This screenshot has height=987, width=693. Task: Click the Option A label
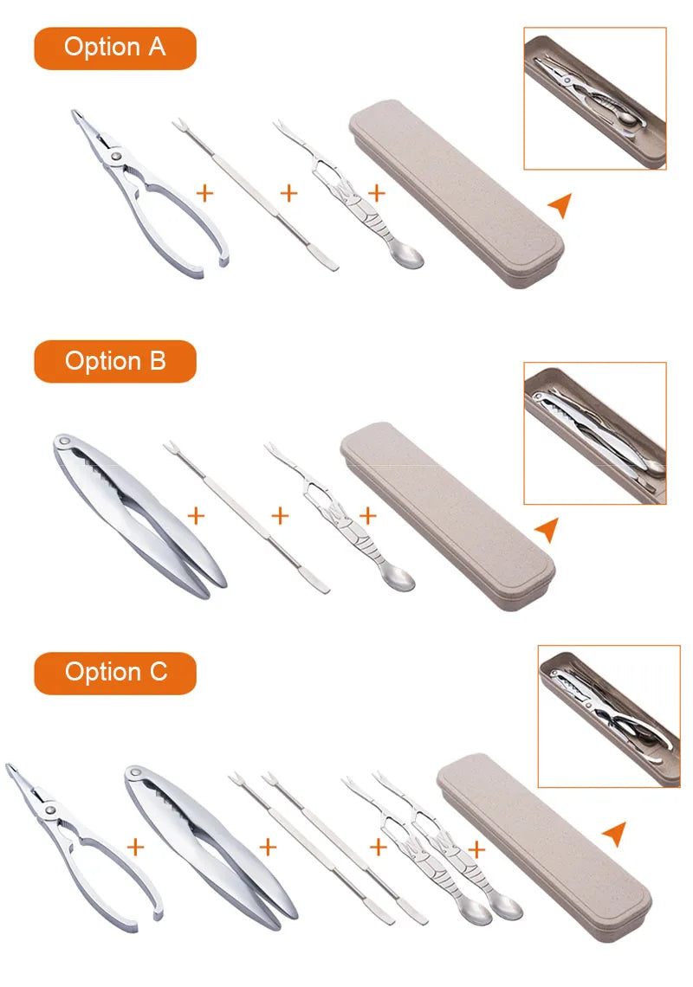coord(114,48)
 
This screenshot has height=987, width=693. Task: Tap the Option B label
coord(114,361)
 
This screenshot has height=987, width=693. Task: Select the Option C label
coord(114,673)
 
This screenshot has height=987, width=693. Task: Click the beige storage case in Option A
coord(457,193)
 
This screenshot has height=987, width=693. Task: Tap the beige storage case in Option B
coord(447,515)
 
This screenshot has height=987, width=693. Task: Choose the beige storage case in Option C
coord(544,848)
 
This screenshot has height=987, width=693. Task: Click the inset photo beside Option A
coord(595,98)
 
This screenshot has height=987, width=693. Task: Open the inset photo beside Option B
coord(595,433)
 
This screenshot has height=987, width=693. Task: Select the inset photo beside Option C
coord(609,716)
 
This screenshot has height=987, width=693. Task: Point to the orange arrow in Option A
coord(560,204)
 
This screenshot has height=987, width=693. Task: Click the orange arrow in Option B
coord(547,529)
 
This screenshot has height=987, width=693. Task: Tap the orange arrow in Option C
coord(615,834)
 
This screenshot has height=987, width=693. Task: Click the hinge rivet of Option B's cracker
coord(64,442)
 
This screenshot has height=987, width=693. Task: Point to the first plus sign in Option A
coord(204,192)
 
